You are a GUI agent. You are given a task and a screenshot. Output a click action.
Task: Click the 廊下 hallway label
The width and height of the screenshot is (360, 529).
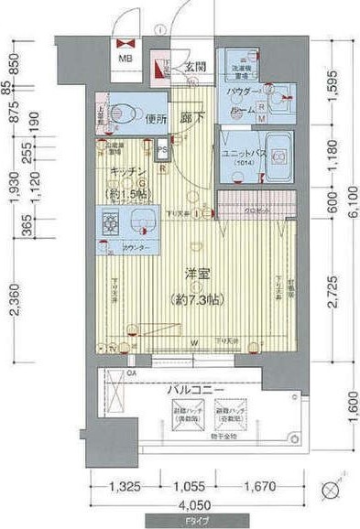pos(192,117)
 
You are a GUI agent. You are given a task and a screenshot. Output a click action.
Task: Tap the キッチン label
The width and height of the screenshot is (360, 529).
pos(125,171)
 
